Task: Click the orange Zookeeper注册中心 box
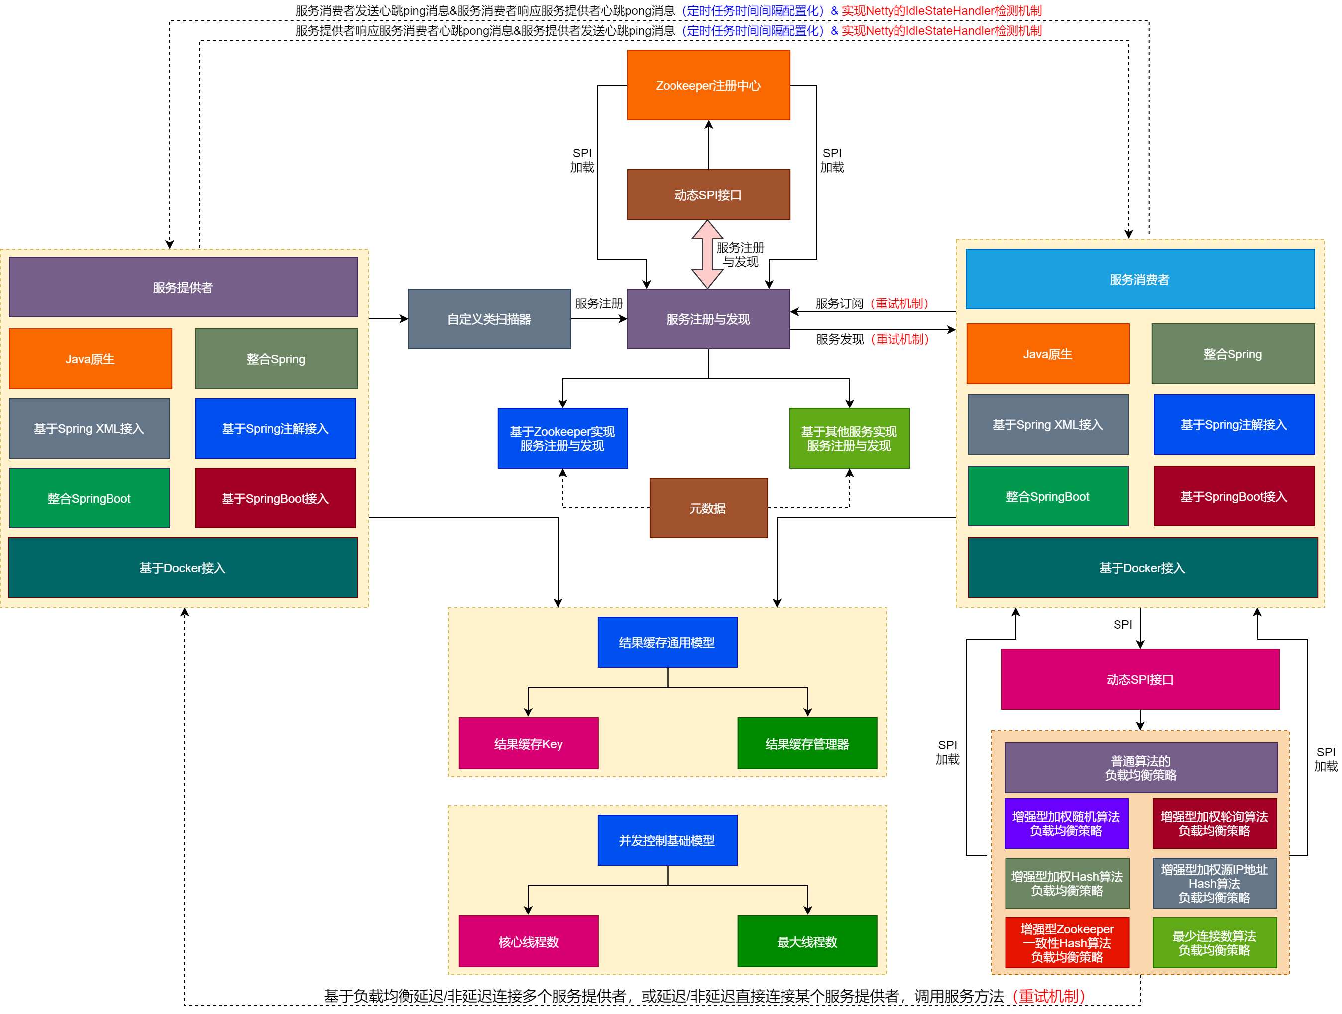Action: coord(708,85)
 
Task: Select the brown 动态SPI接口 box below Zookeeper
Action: coord(708,195)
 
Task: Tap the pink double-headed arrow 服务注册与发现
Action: coord(707,254)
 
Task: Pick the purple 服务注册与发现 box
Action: coord(708,319)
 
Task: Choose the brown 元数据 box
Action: coord(708,508)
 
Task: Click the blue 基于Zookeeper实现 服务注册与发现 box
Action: coord(562,438)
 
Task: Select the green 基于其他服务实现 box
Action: coord(849,438)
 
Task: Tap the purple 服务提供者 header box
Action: coord(183,288)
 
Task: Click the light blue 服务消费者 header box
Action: coord(1139,280)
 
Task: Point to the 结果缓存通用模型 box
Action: coord(667,643)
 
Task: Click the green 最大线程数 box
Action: coord(807,942)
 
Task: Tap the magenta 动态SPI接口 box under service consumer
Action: coord(1139,679)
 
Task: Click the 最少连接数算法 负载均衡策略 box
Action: coord(1214,943)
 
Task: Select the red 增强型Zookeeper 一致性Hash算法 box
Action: coord(1067,943)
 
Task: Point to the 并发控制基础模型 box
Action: coord(667,840)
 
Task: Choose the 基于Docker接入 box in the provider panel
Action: coord(183,568)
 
